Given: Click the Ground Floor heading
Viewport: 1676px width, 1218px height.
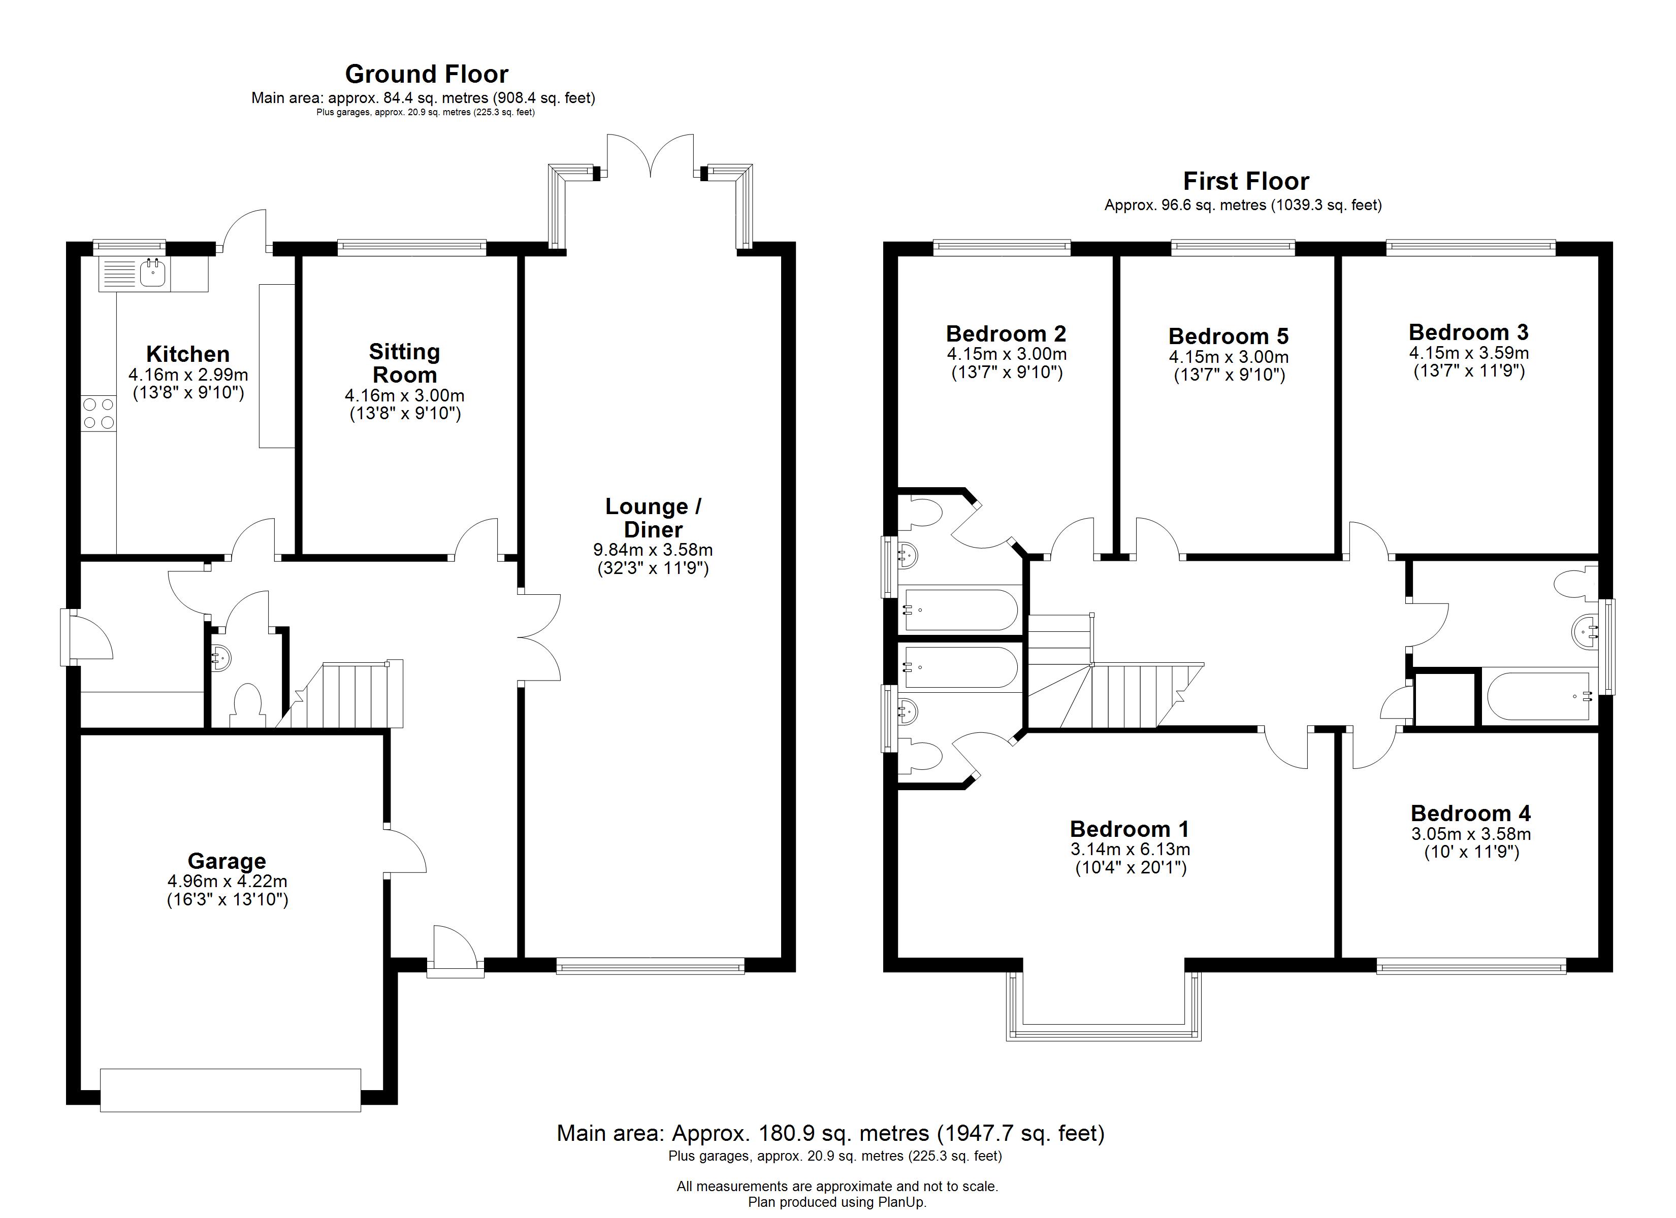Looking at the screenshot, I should pyautogui.click(x=427, y=74).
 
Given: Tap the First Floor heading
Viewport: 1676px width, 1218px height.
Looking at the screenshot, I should pyautogui.click(x=1245, y=181).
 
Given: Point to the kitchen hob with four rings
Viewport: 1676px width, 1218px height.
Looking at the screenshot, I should pyautogui.click(x=99, y=413).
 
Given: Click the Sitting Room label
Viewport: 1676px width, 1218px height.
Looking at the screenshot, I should pyautogui.click(x=404, y=363).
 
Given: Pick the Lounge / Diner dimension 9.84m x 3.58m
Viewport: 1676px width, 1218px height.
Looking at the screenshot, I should pyautogui.click(x=653, y=550).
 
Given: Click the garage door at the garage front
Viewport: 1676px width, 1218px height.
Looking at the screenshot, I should pyautogui.click(x=230, y=1090).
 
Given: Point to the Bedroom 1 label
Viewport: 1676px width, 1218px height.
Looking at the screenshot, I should pyautogui.click(x=1129, y=829).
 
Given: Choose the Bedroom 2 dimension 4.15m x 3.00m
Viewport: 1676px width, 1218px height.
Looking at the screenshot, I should pyautogui.click(x=1007, y=354).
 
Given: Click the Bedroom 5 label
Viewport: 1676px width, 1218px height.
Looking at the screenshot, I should pyautogui.click(x=1228, y=336).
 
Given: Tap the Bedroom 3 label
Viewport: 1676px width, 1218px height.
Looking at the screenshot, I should pyautogui.click(x=1468, y=332).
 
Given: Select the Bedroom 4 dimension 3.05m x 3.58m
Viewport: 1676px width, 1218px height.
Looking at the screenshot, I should pyautogui.click(x=1471, y=834).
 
